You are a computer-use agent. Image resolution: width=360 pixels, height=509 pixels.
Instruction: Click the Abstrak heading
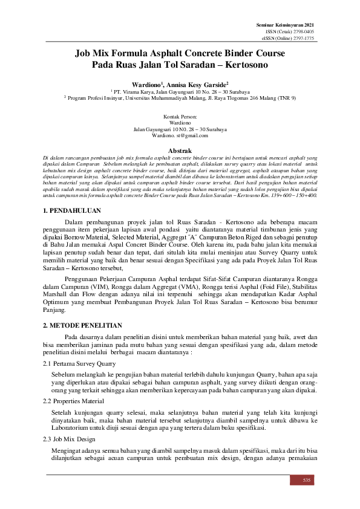(179, 149)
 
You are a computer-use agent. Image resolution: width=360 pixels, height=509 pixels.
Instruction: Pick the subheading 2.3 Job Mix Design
(68, 438)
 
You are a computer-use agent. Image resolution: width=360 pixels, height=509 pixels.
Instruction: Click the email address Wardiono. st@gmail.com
(180, 136)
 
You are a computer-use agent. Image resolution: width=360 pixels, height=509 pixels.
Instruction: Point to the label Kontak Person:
(180, 116)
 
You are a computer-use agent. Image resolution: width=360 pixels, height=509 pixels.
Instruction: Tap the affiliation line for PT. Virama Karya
(180, 92)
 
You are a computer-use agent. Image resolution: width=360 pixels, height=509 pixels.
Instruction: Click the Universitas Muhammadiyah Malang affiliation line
(180, 98)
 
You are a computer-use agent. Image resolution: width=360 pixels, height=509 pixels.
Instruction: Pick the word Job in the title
(85, 53)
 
